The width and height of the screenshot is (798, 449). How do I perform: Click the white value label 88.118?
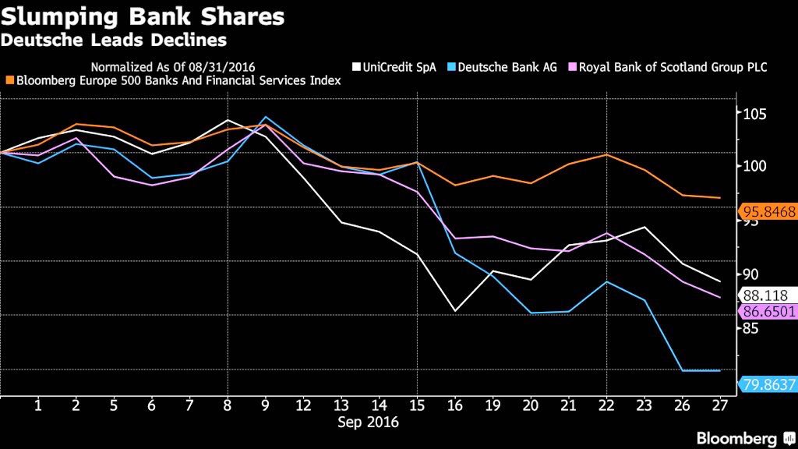point(766,295)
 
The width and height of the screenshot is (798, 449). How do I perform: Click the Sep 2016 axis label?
point(368,422)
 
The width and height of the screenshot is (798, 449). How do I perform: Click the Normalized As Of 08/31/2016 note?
point(173,67)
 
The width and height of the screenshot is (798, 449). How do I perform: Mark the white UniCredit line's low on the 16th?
point(456,312)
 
